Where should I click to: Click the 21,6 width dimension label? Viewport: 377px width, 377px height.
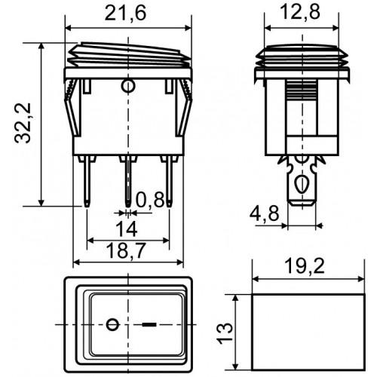125,13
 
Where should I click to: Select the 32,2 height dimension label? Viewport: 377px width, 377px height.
23,123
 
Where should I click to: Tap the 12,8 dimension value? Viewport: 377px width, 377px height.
300,12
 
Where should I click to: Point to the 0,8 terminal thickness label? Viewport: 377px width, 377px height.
150,200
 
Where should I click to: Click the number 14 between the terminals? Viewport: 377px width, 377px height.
126,229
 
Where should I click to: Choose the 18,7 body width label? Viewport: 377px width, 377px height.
126,250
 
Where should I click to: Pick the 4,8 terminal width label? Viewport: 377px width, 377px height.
264,214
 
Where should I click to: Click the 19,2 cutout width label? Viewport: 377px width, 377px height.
305,266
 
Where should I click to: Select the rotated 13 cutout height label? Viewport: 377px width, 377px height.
225,333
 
